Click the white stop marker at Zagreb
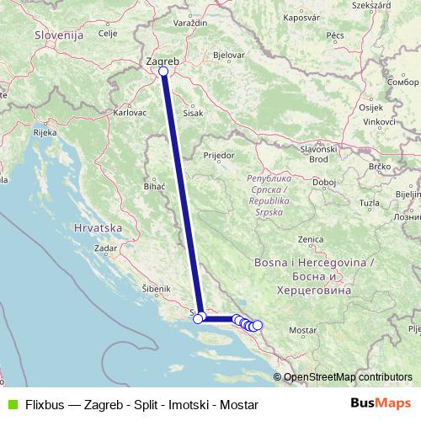pos(163,72)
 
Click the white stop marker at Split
pos(200,317)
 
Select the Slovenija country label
pos(59,35)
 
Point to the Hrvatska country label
pos(99,228)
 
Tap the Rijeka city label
pos(44,133)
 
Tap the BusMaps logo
pos(381,403)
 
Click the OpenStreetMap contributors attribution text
pos(348,377)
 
